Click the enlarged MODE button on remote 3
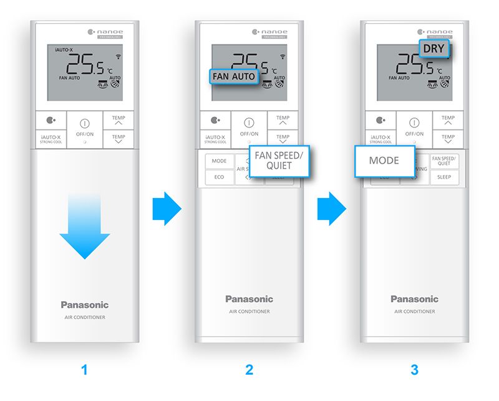[x=384, y=161]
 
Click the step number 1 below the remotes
[x=84, y=370]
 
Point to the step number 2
[x=249, y=370]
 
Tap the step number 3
[x=414, y=370]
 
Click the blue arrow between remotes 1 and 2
[x=166, y=209]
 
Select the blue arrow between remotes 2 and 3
[x=331, y=209]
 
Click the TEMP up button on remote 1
[x=118, y=121]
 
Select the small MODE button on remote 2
[x=219, y=161]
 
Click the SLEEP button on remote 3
[x=444, y=177]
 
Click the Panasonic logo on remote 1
[x=85, y=305]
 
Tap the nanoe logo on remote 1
[x=109, y=32]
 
